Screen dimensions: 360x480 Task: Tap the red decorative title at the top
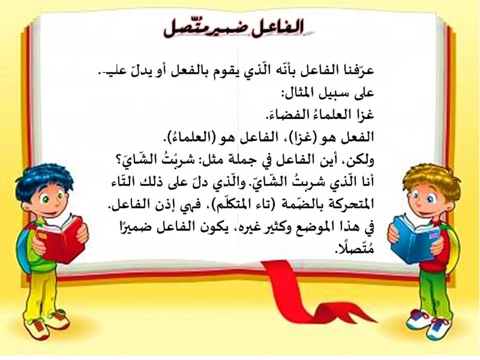click(234, 28)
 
